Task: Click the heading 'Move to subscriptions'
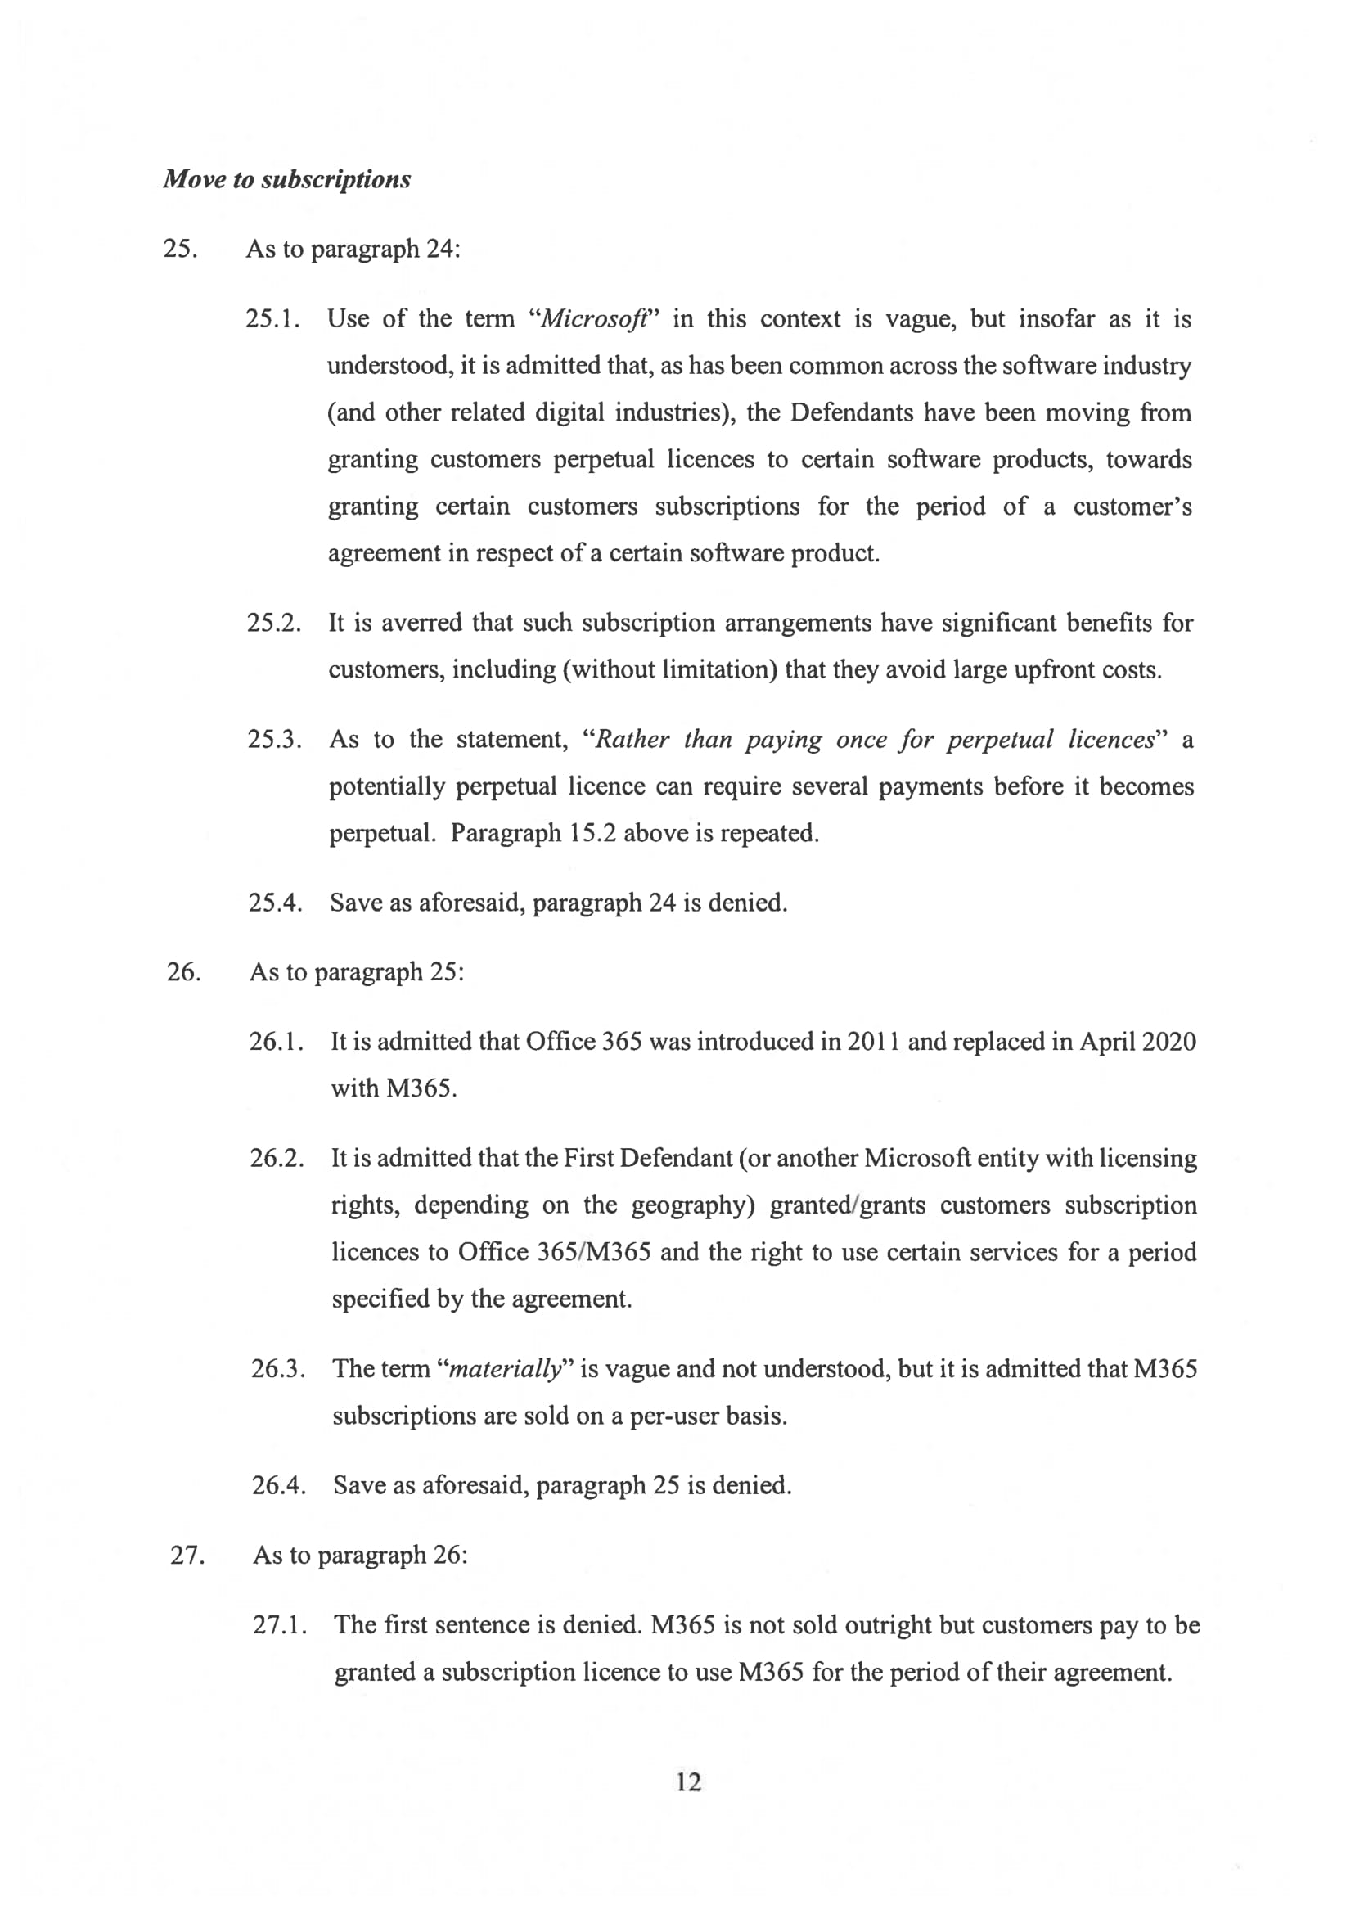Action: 286,179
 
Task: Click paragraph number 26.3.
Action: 278,1368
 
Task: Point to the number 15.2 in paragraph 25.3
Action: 592,833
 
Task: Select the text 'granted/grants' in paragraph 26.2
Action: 847,1205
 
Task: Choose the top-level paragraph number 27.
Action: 187,1556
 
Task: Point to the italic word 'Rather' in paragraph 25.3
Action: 632,739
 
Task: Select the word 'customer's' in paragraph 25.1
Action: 1132,506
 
